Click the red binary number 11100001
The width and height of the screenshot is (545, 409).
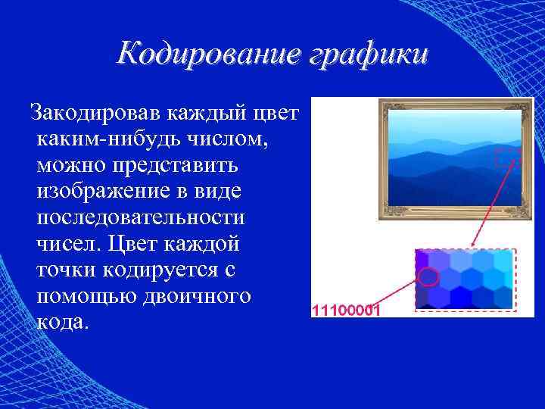(347, 311)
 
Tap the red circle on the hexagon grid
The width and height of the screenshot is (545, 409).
(428, 276)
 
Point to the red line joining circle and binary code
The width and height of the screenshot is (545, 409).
(397, 295)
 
